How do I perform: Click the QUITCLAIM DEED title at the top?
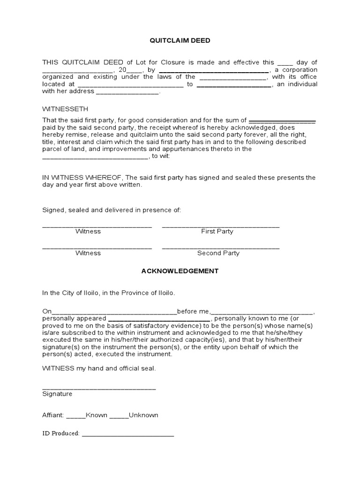tap(180, 41)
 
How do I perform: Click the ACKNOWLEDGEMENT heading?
tap(180, 271)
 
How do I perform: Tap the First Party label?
tap(217, 231)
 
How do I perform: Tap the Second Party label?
tap(218, 253)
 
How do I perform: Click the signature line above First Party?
tap(220, 226)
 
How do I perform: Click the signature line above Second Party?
tap(220, 248)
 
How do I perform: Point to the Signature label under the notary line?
tap(57, 394)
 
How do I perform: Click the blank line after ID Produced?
tap(127, 435)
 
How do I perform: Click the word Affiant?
tap(53, 415)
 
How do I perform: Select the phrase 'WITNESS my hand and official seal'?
tap(99, 368)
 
